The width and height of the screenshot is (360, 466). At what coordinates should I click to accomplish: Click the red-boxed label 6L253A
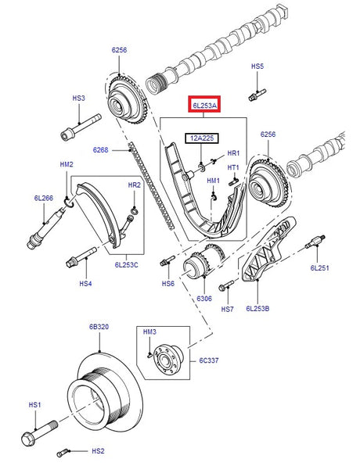[x=203, y=103]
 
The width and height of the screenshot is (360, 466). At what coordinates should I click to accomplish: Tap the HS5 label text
[x=257, y=67]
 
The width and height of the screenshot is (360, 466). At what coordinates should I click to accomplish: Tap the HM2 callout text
[x=67, y=164]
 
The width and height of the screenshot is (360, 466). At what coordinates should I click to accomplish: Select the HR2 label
[x=135, y=185]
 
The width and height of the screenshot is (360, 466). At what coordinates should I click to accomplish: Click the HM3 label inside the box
[x=150, y=332]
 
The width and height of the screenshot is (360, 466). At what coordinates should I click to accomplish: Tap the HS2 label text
[x=98, y=451]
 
